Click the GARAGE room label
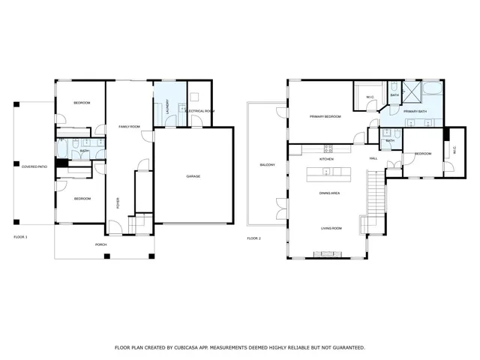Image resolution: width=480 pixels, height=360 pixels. coord(193,176)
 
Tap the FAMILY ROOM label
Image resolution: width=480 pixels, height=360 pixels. coord(130,127)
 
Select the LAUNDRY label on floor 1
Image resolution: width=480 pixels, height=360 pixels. coord(167,107)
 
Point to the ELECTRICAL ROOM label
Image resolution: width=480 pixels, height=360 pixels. coord(200,111)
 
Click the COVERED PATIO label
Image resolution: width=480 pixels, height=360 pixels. coord(34,166)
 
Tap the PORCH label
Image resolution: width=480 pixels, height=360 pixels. coord(100,244)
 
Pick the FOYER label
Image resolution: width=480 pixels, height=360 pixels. coord(118,202)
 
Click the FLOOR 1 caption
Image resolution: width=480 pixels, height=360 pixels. coord(20,237)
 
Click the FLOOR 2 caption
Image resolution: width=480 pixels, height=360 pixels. coord(253,238)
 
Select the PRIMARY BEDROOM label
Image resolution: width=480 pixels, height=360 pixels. coord(326,117)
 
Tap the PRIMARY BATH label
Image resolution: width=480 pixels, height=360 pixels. coord(415,112)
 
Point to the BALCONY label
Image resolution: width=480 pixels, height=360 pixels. coord(266,165)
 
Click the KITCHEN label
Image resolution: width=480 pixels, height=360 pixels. coord(326,159)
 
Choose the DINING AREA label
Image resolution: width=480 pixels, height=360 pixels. coord(330,193)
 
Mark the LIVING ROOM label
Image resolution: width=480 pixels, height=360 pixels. coord(331,228)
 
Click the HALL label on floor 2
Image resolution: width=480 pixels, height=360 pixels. coord(373,159)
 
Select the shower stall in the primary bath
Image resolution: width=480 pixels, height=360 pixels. coord(412,92)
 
